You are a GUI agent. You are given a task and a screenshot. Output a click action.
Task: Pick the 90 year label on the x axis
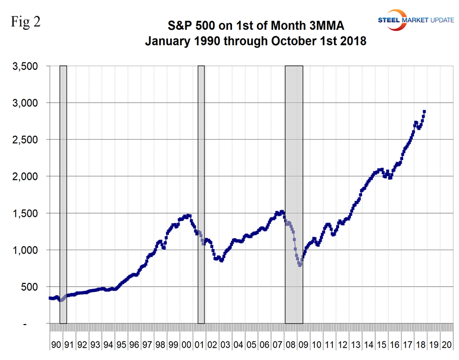tap(55, 344)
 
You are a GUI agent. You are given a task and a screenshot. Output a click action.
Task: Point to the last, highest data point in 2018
tap(424, 112)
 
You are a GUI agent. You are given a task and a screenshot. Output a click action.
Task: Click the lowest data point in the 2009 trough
tap(300, 265)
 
